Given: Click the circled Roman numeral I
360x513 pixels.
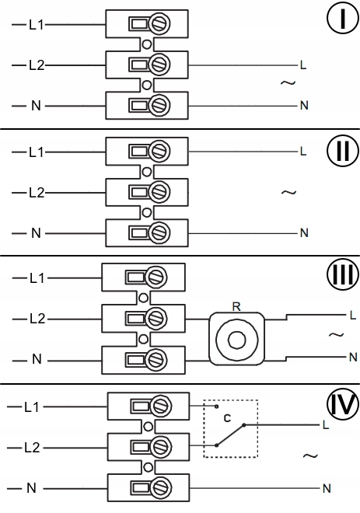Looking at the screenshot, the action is (343, 19).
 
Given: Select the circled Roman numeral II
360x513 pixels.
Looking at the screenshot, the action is (343, 151).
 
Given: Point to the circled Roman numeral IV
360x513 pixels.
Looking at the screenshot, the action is (343, 404).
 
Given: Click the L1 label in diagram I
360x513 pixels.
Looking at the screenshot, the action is (37, 25).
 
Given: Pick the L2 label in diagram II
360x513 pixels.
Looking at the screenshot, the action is (37, 193).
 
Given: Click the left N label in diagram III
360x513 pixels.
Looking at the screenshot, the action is (37, 359).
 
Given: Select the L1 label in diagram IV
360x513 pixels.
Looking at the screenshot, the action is (31, 407).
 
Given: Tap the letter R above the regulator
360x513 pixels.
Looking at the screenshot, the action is (236, 306).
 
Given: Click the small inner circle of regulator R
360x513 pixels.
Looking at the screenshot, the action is (236, 340).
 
